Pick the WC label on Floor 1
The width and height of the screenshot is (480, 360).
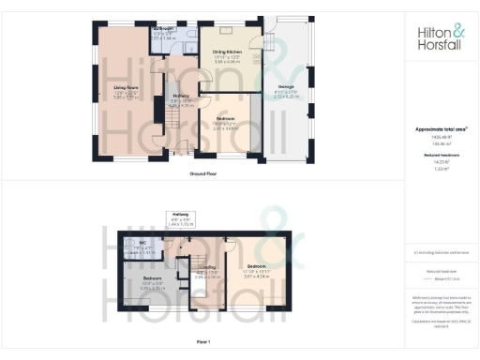[143, 244]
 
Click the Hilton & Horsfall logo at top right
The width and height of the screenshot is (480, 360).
[438, 37]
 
